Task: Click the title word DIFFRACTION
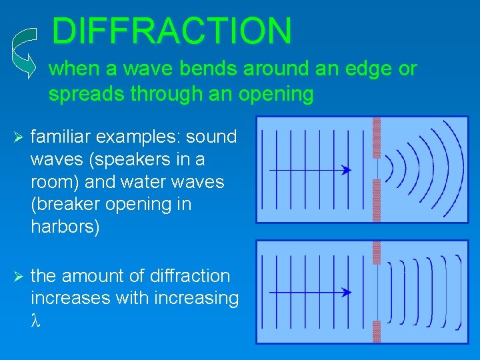point(171,31)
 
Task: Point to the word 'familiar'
point(63,137)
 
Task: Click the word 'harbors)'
point(65,227)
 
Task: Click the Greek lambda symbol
point(36,321)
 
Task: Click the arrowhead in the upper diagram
point(346,170)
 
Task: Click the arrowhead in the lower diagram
point(346,291)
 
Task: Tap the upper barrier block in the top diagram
point(377,137)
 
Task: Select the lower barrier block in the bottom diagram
point(377,331)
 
